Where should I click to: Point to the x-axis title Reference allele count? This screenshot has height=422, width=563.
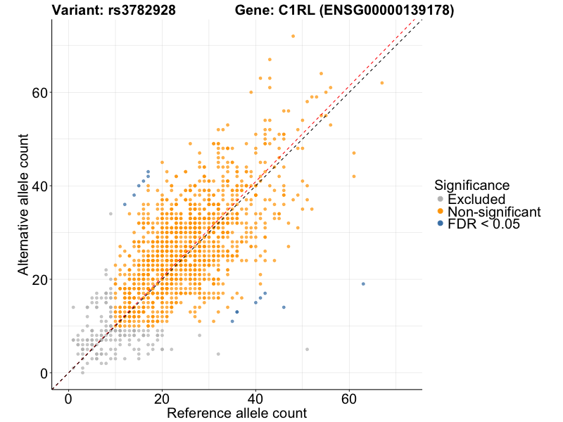click(236, 413)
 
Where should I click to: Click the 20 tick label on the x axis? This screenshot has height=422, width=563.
click(162, 398)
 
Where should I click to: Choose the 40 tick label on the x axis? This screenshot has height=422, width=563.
click(255, 398)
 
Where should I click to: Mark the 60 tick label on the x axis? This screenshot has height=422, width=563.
click(349, 398)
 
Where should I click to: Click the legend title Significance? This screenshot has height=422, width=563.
click(472, 186)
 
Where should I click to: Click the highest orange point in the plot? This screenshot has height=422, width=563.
click(293, 36)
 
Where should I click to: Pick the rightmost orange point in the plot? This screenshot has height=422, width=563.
click(382, 83)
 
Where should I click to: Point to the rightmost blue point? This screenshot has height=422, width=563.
click(363, 283)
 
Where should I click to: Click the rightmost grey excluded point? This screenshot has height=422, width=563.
click(307, 350)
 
